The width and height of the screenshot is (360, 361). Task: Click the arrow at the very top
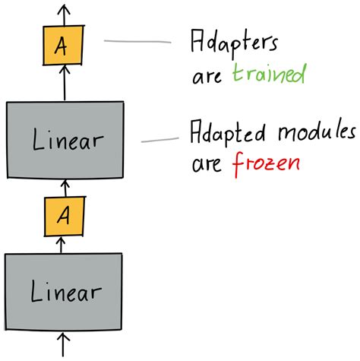click(x=64, y=14)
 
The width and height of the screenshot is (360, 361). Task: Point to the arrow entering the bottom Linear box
click(x=64, y=344)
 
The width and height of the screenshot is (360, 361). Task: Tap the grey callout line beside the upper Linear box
click(x=156, y=139)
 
